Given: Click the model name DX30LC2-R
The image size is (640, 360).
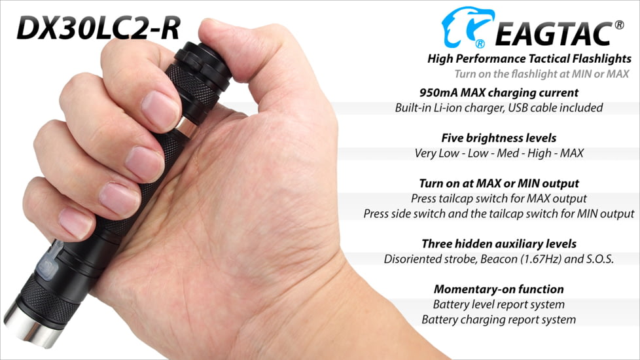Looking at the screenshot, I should click(98, 27).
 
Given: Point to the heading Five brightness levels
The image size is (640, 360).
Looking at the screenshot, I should click(499, 138).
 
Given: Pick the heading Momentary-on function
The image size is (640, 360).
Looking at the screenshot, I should click(499, 289).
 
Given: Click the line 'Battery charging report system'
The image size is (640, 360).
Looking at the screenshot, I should click(499, 319).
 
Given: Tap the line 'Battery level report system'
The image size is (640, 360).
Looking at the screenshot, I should click(499, 304).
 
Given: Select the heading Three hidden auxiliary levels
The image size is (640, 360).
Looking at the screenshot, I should click(499, 243).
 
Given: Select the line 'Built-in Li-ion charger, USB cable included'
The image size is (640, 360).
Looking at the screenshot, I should click(499, 107).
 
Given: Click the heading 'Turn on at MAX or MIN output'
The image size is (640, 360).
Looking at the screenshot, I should click(499, 183).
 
